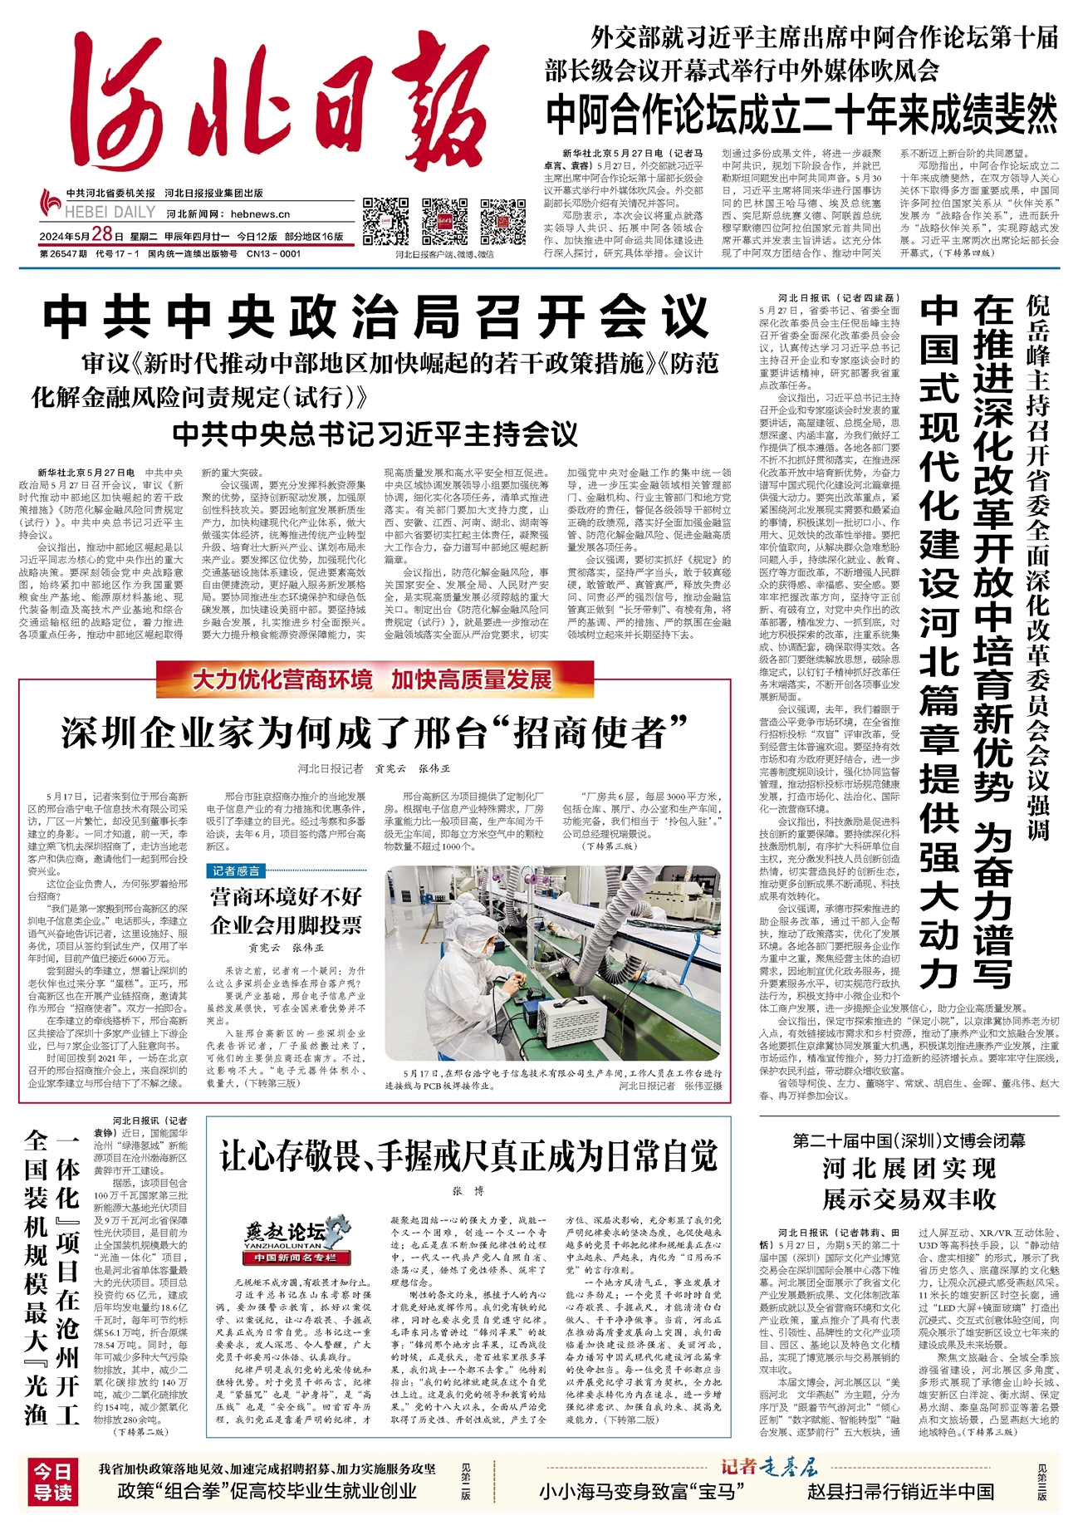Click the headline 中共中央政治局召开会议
(x=376, y=316)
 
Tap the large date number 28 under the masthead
(x=102, y=236)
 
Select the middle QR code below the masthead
(x=444, y=220)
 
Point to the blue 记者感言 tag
(x=236, y=870)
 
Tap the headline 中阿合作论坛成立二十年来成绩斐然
(x=801, y=114)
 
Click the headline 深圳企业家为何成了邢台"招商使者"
(x=375, y=732)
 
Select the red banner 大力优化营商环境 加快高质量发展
(x=373, y=680)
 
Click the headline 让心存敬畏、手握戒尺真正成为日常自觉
(x=468, y=1155)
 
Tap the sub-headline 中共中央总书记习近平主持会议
(x=375, y=434)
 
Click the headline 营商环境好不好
(x=286, y=896)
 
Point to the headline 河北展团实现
(x=909, y=1169)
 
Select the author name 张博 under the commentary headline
(x=468, y=1191)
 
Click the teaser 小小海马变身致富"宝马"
(x=638, y=1513)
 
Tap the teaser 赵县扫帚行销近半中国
(x=900, y=1513)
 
